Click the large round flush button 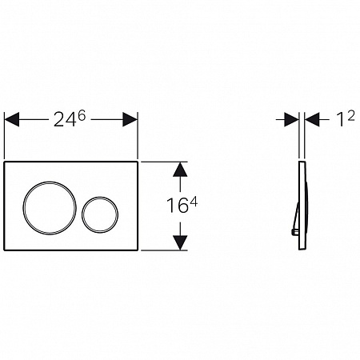pyautogui.click(x=50, y=182)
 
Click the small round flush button pyautogui.click(x=100, y=198)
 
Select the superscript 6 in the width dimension pyautogui.click(x=82, y=116)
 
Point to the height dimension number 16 pyautogui.click(x=177, y=206)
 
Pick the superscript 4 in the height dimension pyautogui.click(x=194, y=202)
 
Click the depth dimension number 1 pyautogui.click(x=340, y=120)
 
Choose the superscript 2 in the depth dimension pyautogui.click(x=351, y=116)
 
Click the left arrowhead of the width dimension pyautogui.click(x=12, y=119)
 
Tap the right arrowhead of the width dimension pyautogui.click(x=130, y=119)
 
